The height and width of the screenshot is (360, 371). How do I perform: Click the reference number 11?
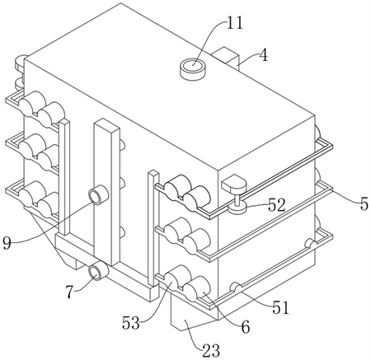pyautogui.click(x=235, y=22)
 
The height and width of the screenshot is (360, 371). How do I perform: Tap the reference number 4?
pyautogui.click(x=264, y=55)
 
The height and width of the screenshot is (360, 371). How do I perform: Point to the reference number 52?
pyautogui.click(x=277, y=205)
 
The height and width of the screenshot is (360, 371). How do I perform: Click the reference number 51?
pyautogui.click(x=280, y=307)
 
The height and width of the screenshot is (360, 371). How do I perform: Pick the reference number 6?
pyautogui.click(x=245, y=327)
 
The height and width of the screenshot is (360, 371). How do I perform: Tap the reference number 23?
pyautogui.click(x=211, y=350)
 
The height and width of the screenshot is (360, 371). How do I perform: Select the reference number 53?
pyautogui.click(x=131, y=323)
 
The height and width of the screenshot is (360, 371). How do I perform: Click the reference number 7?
pyautogui.click(x=69, y=292)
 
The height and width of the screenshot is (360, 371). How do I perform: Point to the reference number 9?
pyautogui.click(x=7, y=243)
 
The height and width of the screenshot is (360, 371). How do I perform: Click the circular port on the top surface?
pyautogui.click(x=193, y=68)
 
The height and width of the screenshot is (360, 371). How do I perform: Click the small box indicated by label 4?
pyautogui.click(x=226, y=57)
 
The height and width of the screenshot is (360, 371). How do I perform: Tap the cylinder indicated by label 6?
pyautogui.click(x=197, y=288)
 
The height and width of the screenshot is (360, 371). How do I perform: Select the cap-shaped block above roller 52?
pyautogui.click(x=233, y=184)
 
